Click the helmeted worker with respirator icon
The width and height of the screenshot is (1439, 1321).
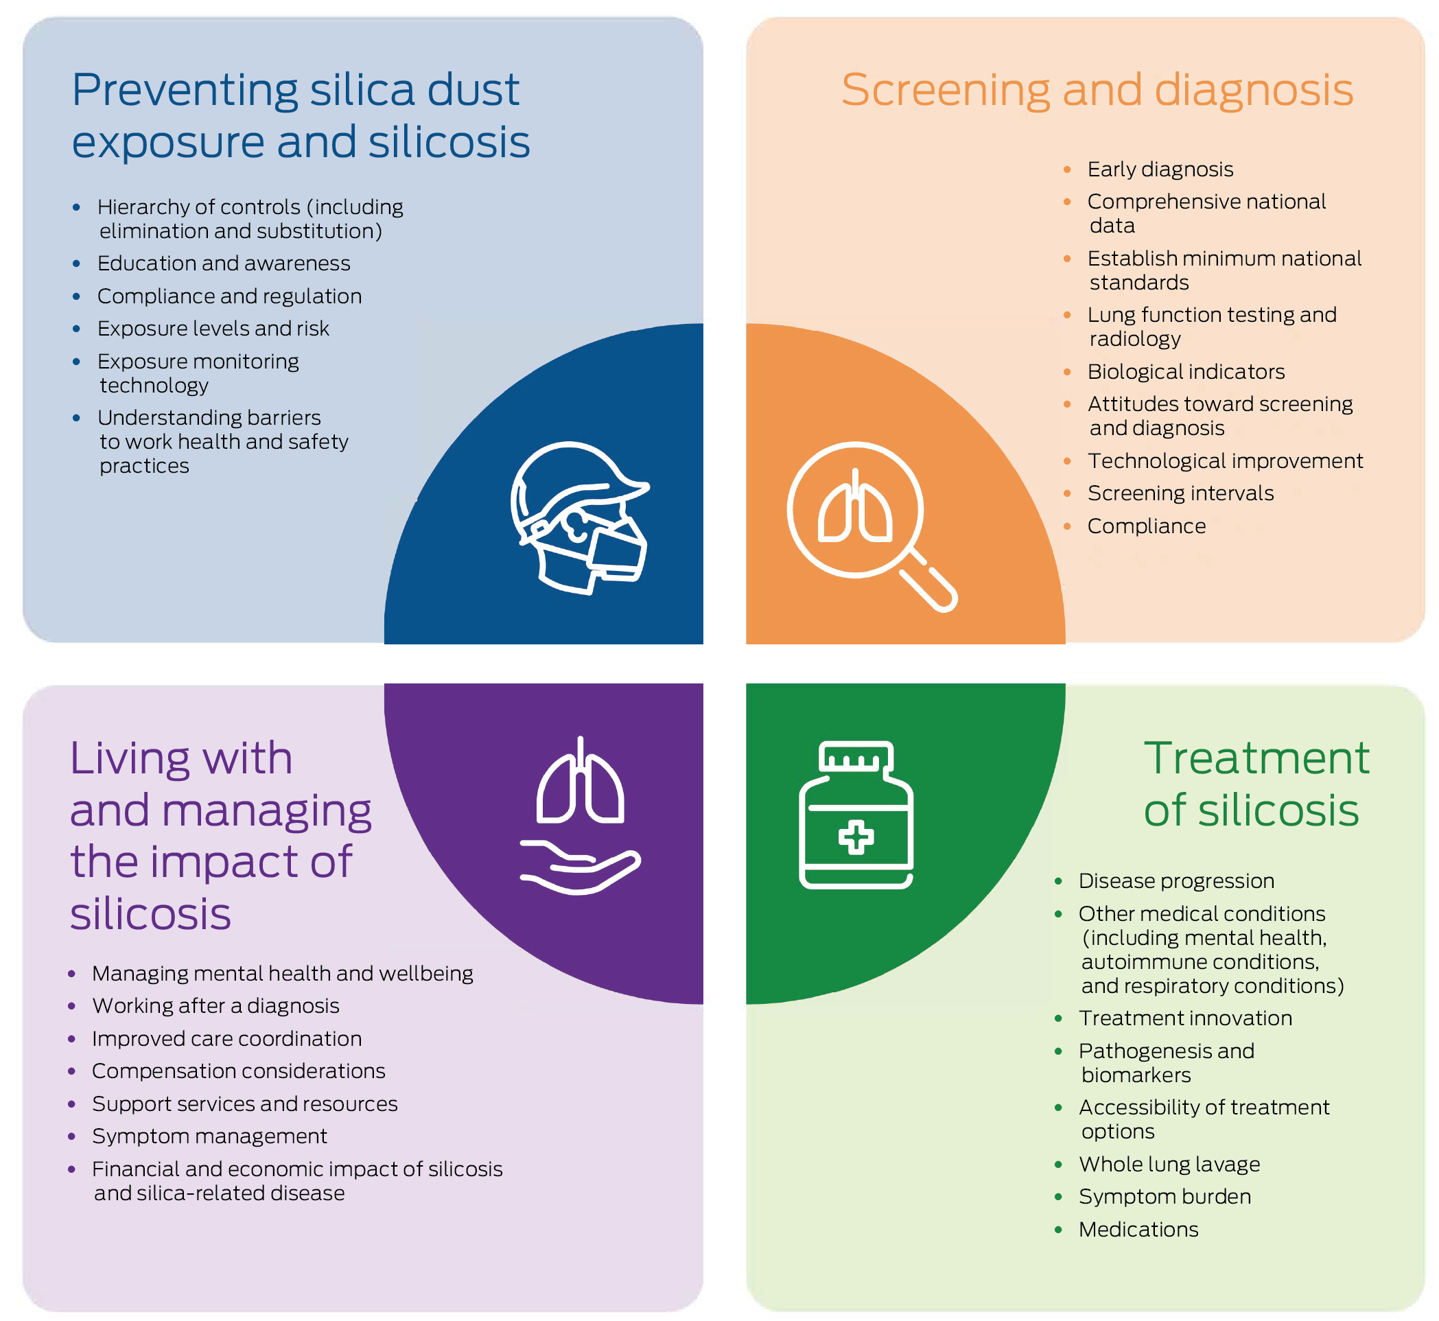580,518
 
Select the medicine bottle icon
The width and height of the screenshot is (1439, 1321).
856,815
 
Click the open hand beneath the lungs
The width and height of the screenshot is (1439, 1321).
581,868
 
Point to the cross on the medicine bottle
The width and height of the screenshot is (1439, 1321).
856,838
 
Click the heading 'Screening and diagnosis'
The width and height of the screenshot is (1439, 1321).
1097,90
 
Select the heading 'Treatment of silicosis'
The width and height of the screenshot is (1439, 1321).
1255,784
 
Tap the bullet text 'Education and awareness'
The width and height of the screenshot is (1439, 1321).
224,264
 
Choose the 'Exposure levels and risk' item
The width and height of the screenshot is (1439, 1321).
213,329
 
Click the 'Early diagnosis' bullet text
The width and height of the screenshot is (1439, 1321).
1160,169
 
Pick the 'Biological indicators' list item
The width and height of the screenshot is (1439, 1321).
1186,372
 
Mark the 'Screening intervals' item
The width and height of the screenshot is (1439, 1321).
1180,493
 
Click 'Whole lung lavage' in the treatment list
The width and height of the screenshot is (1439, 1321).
1169,1165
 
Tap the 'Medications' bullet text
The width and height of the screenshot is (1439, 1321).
1138,1230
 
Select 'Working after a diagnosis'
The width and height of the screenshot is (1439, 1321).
216,1006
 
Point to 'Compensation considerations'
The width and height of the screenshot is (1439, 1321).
239,1071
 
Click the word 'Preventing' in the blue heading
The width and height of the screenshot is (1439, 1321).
185,91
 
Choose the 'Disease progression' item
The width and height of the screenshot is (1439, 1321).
1176,880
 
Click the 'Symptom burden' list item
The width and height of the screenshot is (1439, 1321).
1165,1197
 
